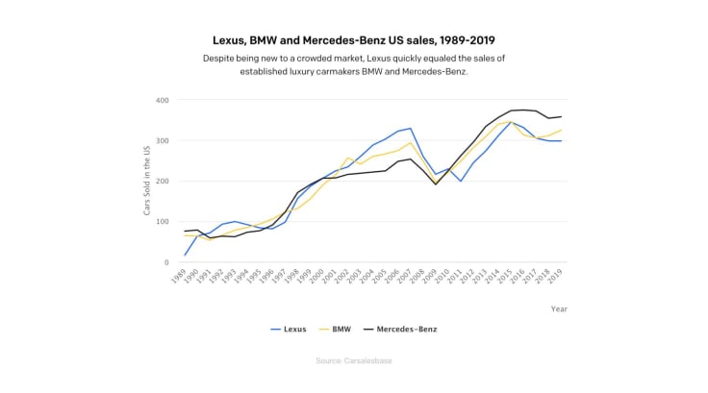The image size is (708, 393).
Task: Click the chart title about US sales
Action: click(353, 41)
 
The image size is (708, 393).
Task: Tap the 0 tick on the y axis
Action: click(166, 262)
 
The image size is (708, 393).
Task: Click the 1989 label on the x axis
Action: click(179, 278)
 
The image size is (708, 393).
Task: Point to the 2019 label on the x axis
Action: click(559, 278)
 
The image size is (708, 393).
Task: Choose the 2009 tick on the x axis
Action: click(432, 278)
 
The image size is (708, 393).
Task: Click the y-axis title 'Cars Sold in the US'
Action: click(148, 181)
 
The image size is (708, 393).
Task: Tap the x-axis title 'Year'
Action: click(559, 308)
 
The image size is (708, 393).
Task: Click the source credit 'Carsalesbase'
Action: click(353, 361)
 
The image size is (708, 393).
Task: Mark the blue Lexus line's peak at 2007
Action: click(411, 128)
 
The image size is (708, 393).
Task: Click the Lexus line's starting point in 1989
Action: click(184, 255)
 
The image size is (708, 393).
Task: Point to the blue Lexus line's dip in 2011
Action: click(462, 182)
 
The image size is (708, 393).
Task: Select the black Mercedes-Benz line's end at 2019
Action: click(562, 116)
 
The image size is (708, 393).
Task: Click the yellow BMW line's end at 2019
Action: click(562, 130)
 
